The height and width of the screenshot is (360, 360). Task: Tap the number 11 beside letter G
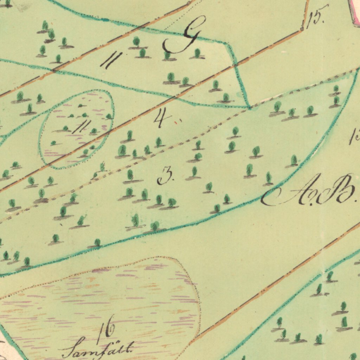pos(111,60)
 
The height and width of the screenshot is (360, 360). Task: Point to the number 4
pos(161,117)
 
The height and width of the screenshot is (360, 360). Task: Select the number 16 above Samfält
pos(106,329)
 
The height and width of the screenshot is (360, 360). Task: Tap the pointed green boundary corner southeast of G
pos(249,107)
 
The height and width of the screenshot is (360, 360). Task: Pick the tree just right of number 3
pos(194,172)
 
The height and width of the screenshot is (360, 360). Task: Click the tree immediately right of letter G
pos(198,53)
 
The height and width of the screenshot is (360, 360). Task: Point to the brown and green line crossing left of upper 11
pos(53,70)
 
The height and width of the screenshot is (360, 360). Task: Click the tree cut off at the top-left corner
pos(7,3)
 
